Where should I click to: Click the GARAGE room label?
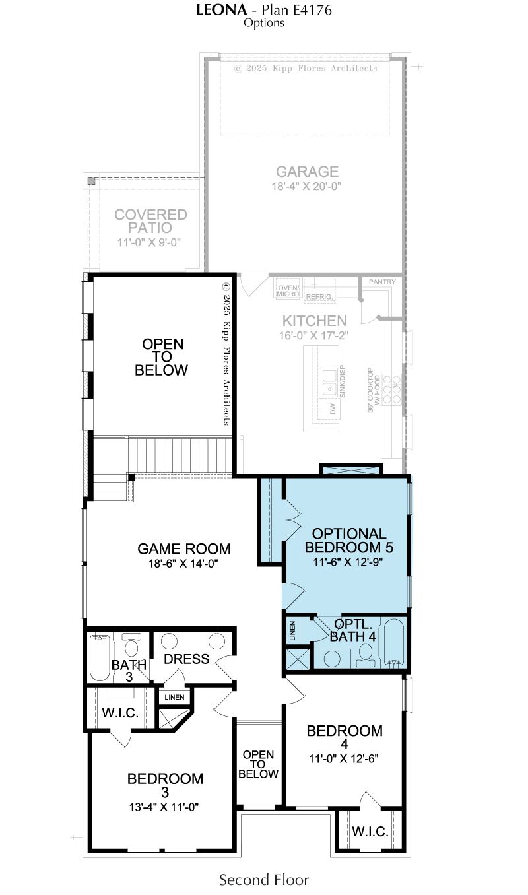[307, 172]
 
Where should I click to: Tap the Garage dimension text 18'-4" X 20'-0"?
[306, 186]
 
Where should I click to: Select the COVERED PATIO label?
[150, 221]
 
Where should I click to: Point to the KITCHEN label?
[314, 321]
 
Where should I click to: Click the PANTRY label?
[382, 282]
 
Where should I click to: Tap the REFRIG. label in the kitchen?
[319, 297]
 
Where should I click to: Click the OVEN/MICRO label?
[288, 291]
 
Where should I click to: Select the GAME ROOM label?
[184, 548]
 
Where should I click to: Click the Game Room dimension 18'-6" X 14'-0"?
[183, 564]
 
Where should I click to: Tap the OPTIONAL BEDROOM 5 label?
[348, 540]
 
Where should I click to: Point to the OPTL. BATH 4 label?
[353, 630]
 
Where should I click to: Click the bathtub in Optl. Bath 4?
[394, 643]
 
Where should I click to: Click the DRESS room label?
[187, 659]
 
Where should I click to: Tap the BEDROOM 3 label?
[165, 785]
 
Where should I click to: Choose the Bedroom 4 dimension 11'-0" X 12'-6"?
[343, 758]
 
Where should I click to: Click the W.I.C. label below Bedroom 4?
[370, 832]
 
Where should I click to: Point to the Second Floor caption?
[263, 880]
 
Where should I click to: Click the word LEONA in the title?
[221, 10]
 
